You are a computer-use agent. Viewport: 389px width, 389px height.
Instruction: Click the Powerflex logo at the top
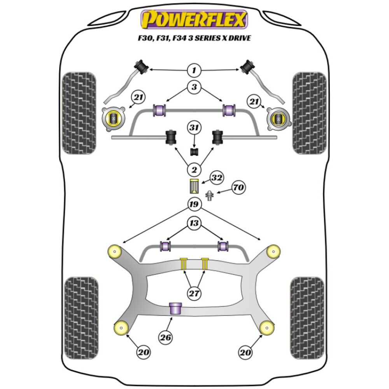coord(194,19)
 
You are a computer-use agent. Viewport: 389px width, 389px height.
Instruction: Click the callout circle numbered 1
coord(194,70)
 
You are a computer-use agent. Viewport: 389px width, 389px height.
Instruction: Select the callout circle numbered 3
coord(194,88)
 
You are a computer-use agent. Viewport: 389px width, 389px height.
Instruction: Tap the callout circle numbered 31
coord(194,127)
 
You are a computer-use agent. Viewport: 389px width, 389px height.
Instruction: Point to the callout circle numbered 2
coord(194,169)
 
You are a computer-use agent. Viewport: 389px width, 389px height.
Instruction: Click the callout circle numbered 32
coord(216,178)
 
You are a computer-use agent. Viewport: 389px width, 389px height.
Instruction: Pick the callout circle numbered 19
coord(194,204)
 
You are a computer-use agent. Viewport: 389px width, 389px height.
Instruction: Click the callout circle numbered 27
coord(194,293)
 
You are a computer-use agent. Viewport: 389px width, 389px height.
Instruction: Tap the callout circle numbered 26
coord(166,338)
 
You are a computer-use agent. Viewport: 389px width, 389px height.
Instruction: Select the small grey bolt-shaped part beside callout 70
coord(210,195)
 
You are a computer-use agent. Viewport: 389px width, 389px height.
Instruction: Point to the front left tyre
coord(79,113)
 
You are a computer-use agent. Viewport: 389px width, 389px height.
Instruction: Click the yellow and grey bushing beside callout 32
coord(194,186)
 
